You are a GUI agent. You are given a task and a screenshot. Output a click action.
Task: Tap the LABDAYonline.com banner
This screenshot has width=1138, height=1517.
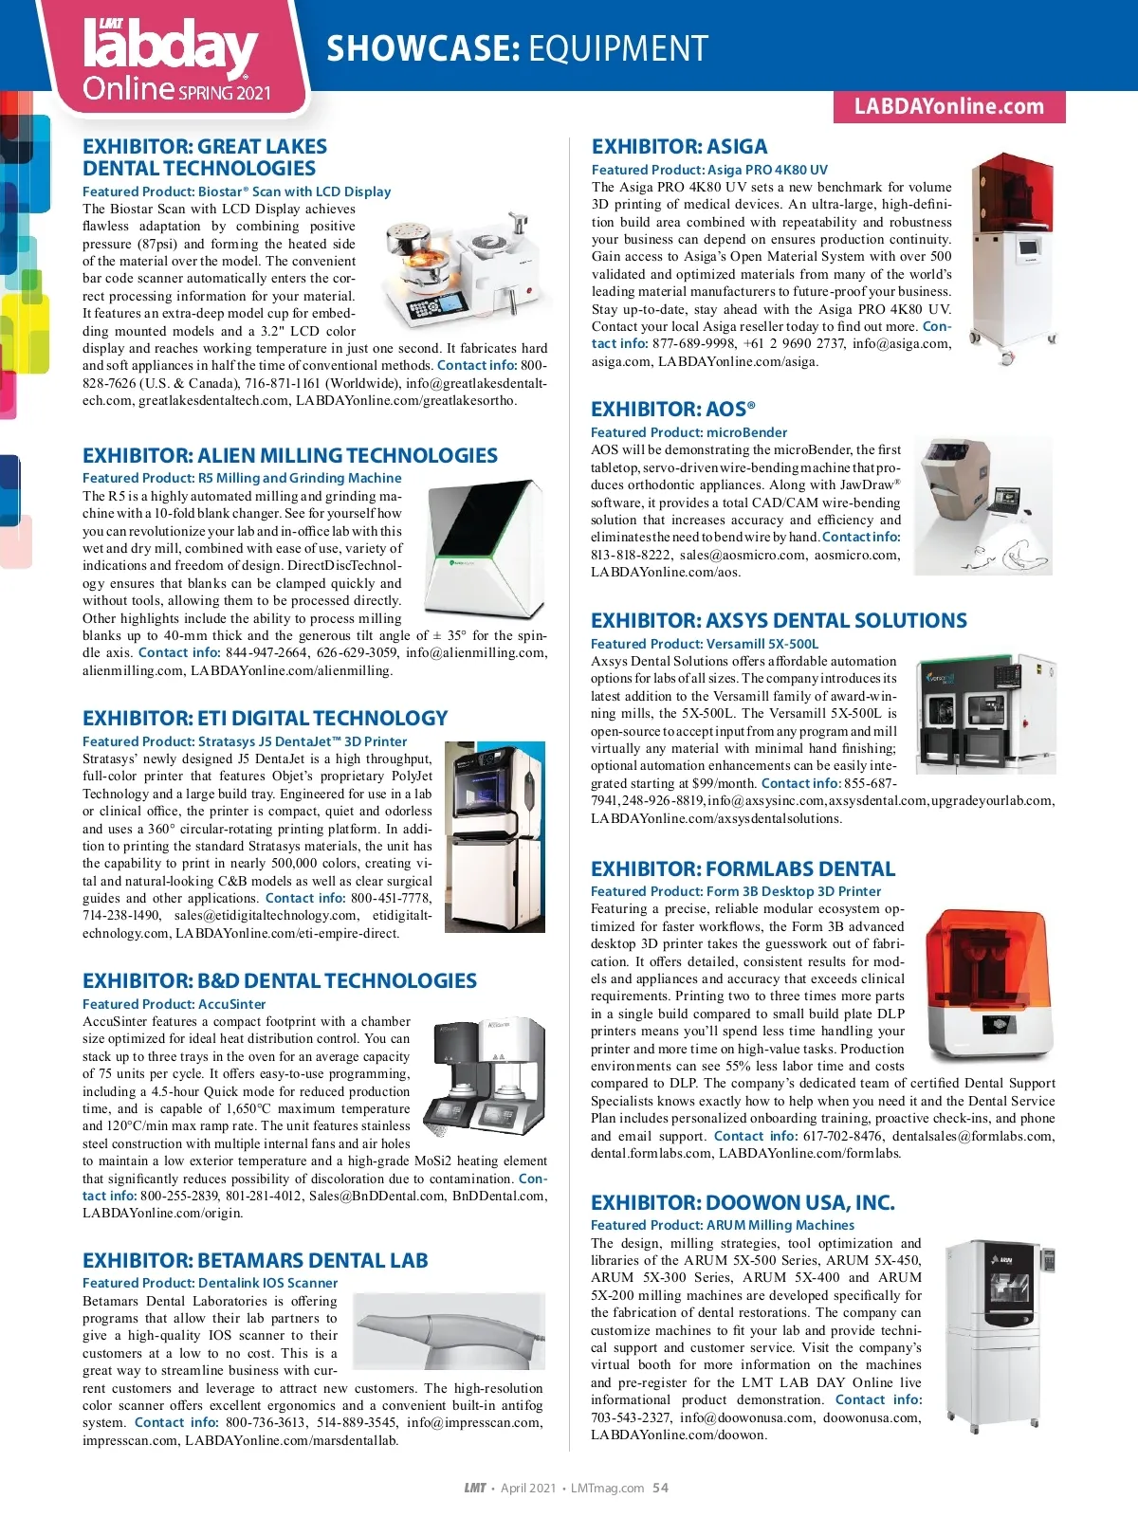[948, 106]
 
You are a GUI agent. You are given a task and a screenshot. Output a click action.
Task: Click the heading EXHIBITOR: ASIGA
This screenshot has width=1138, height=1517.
[679, 147]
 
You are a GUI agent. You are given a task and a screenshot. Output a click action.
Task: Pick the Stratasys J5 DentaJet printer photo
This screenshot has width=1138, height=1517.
[494, 836]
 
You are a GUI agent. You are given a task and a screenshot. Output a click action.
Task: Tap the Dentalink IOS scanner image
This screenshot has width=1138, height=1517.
[450, 1331]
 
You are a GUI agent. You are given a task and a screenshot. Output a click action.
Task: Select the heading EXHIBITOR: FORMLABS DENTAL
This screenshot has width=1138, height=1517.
[743, 869]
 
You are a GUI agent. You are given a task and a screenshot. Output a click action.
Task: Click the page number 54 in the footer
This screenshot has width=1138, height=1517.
[660, 1488]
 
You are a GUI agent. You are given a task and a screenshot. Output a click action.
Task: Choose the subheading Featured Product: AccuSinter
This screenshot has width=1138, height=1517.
[174, 1004]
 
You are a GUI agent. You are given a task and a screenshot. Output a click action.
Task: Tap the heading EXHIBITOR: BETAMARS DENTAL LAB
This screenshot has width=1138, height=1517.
[255, 1261]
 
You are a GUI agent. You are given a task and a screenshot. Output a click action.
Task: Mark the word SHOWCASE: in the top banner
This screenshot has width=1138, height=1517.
[422, 48]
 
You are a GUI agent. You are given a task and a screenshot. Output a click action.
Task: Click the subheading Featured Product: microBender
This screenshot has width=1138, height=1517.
[688, 432]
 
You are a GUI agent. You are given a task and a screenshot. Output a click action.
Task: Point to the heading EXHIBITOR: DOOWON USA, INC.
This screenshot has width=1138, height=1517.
[743, 1203]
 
